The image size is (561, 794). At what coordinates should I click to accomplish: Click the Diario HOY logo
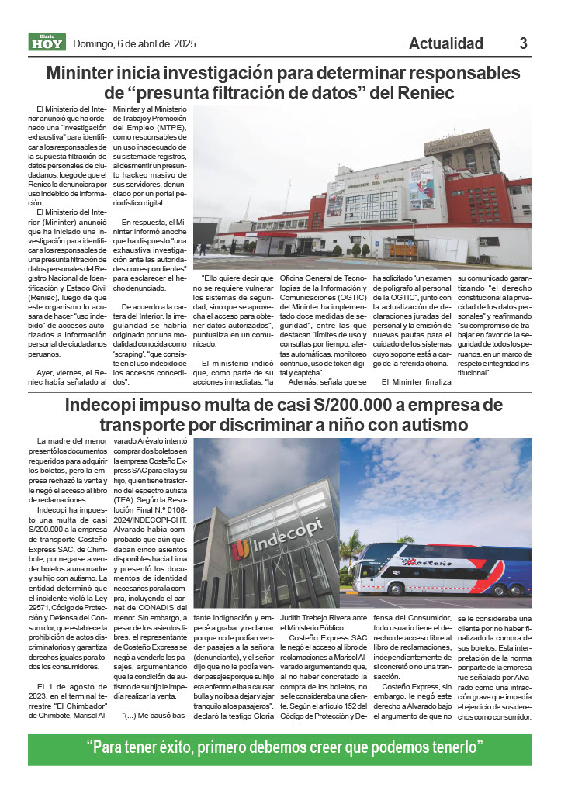47,43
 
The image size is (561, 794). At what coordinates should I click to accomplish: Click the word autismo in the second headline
422,426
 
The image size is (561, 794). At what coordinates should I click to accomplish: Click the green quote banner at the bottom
280,749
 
